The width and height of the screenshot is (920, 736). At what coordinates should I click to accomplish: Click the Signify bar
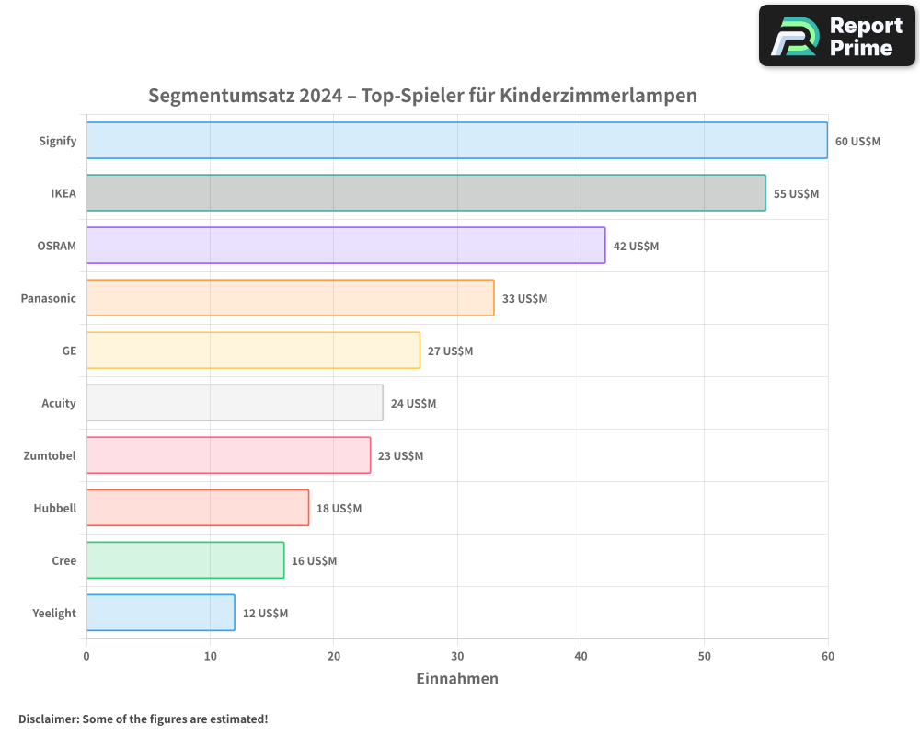(457, 141)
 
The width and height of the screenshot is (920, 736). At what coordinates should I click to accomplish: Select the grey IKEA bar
(426, 193)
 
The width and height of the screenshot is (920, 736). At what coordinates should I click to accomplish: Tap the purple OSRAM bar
(346, 246)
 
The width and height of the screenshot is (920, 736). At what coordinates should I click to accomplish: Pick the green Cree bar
(185, 560)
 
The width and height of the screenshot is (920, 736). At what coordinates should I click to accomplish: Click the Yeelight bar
(161, 613)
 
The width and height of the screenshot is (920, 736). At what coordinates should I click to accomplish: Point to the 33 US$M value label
(524, 299)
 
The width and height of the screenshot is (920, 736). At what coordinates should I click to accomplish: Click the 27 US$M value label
(450, 351)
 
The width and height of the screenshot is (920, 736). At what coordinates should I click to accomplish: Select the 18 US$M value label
(339, 509)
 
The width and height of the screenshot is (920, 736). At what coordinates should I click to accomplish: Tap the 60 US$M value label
(857, 142)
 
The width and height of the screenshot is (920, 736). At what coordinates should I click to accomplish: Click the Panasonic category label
(49, 298)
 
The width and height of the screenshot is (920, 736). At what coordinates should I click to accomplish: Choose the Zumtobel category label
(50, 455)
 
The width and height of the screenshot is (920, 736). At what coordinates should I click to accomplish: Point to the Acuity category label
(59, 403)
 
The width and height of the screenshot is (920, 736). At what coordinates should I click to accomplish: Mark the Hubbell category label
(54, 508)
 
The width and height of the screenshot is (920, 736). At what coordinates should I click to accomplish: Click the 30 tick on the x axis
(457, 656)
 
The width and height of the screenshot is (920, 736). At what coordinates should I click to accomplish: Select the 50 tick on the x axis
(704, 656)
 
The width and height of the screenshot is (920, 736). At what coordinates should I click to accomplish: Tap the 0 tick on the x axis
(86, 656)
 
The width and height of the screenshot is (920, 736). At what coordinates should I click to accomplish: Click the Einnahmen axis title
(457, 679)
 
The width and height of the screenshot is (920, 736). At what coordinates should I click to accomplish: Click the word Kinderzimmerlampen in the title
(598, 96)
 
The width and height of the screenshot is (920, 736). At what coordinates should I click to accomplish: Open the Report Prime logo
(836, 36)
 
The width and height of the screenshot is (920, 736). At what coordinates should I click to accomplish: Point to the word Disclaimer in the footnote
(48, 719)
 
